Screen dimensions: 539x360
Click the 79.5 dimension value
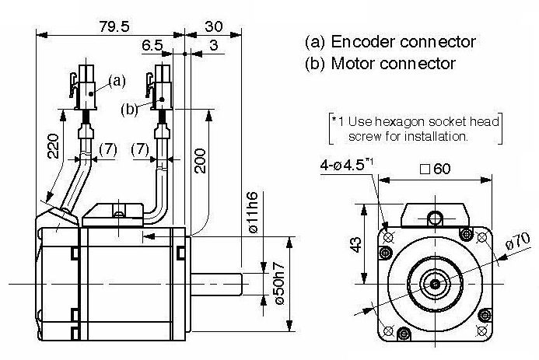114,26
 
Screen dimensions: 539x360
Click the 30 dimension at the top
213,26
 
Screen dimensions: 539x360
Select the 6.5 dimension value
152,45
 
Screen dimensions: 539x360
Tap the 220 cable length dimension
54,146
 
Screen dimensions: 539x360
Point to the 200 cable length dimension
200,161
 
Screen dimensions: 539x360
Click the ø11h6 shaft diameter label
253,213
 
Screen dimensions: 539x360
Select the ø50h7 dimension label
279,283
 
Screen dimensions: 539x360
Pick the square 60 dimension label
436,169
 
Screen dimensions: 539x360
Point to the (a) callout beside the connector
117,81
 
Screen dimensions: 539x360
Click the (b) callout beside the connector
129,109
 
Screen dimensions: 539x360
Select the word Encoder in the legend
363,42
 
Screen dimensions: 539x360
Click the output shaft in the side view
216,284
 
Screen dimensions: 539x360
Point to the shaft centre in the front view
436,284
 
